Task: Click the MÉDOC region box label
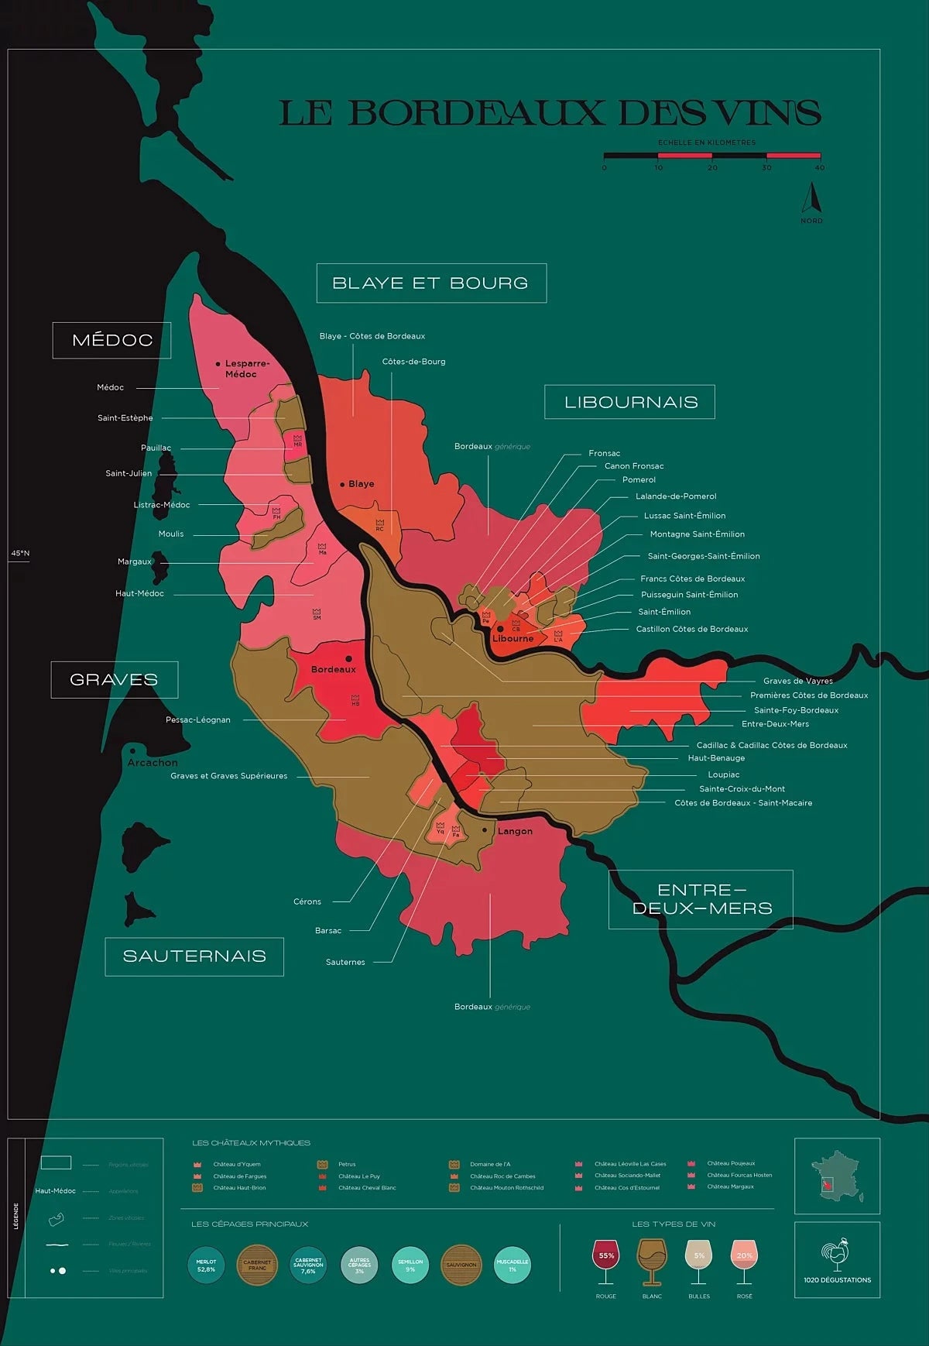pyautogui.click(x=112, y=340)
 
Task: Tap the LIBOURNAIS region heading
pyautogui.click(x=630, y=402)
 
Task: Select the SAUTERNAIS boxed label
pyautogui.click(x=194, y=956)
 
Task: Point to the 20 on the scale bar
pyautogui.click(x=712, y=167)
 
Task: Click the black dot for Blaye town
pyautogui.click(x=342, y=484)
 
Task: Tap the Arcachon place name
pyautogui.click(x=153, y=762)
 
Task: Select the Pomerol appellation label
pyautogui.click(x=639, y=480)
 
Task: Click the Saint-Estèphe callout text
pyautogui.click(x=125, y=418)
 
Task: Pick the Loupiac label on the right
pyautogui.click(x=724, y=774)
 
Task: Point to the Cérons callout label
pyautogui.click(x=307, y=901)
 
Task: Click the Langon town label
pyautogui.click(x=515, y=831)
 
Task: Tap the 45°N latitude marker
pyautogui.click(x=20, y=554)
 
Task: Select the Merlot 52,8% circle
pyautogui.click(x=206, y=1265)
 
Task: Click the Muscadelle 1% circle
pyautogui.click(x=512, y=1265)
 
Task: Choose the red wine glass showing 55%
pyautogui.click(x=606, y=1259)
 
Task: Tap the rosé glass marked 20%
pyautogui.click(x=744, y=1259)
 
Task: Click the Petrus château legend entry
pyautogui.click(x=347, y=1164)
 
